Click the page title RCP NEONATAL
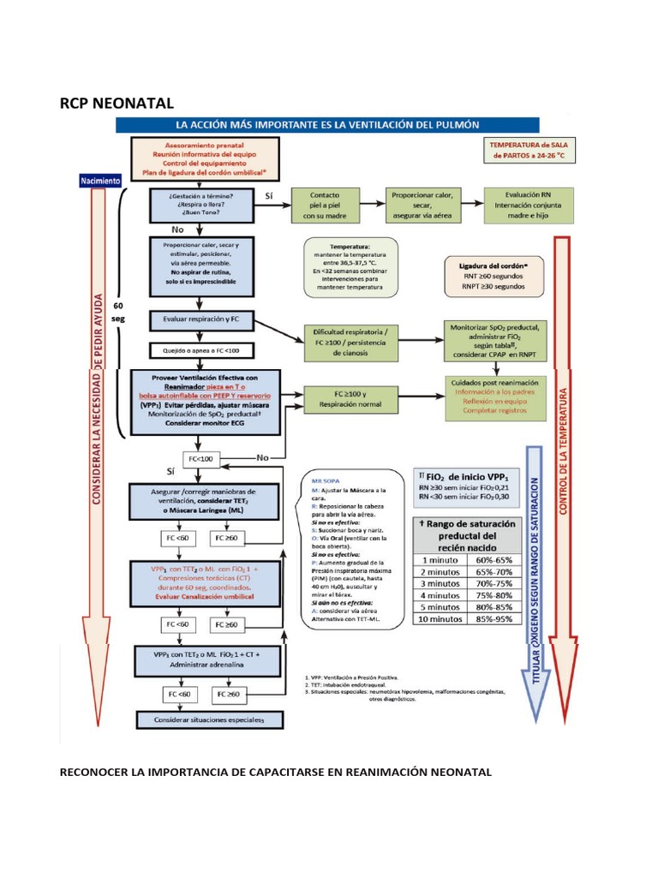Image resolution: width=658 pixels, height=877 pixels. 116,104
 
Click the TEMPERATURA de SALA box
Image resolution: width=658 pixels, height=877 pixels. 529,152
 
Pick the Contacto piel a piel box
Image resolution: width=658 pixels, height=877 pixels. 322,206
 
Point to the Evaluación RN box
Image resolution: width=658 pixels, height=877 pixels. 529,206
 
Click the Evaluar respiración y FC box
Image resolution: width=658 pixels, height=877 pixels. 200,319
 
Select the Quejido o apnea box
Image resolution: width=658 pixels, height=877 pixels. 200,350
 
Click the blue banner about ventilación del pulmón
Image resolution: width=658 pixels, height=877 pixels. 326,124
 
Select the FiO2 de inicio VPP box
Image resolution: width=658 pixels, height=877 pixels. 464,485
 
